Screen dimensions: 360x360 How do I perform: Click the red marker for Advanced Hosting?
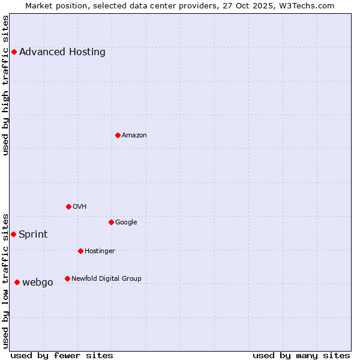tap(14, 52)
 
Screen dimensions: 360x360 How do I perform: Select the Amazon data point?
tap(118, 136)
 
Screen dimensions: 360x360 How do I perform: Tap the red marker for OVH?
tap(68, 207)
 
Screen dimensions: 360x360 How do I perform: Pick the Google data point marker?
tap(111, 223)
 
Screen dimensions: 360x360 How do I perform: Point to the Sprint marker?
tap(13, 235)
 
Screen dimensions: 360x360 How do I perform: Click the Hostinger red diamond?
tap(80, 251)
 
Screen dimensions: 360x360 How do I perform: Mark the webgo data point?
tap(17, 283)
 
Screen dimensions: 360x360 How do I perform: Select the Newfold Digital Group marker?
tap(67, 279)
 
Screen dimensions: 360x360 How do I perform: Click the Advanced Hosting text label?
tap(62, 52)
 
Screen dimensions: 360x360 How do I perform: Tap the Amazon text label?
tap(134, 136)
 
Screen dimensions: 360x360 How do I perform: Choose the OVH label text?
tap(80, 207)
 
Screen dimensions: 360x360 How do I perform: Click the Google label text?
tap(126, 223)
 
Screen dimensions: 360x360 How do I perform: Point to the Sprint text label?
tap(33, 235)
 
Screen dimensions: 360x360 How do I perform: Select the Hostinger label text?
tap(100, 251)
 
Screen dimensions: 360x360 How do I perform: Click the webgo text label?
tap(38, 283)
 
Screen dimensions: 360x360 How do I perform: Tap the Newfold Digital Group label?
tap(106, 279)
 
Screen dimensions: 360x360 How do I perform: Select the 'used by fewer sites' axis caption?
tap(62, 356)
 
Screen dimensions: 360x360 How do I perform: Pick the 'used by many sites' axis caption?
tap(301, 356)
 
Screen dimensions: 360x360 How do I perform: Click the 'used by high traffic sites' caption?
tap(6, 85)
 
